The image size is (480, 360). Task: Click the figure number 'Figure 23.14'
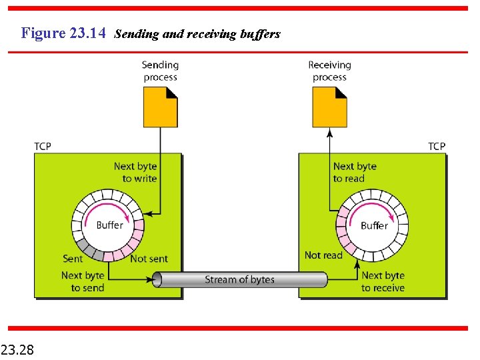point(63,33)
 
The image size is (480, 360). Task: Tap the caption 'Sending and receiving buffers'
point(197,33)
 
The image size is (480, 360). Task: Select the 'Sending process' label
point(160,71)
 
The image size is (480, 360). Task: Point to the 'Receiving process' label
point(329,71)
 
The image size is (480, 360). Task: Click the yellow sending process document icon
point(160,108)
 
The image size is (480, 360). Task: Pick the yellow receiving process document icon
point(329,108)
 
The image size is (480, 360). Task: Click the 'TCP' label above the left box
point(42,146)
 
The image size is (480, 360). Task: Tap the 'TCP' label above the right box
point(437,146)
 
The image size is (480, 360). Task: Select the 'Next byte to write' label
point(135,172)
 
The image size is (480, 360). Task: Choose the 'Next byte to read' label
point(355,172)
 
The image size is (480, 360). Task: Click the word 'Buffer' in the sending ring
point(109,225)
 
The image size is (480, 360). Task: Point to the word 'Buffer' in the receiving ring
point(374,225)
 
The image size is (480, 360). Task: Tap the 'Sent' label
point(73,259)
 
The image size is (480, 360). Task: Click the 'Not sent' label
point(149,259)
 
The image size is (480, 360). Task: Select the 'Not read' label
point(323,255)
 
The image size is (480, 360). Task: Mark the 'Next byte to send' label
point(83,281)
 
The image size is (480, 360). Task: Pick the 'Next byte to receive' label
point(383,281)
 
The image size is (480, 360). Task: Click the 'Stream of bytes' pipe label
point(239,279)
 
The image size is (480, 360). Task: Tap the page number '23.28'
point(19,349)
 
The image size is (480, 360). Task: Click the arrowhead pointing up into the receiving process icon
point(329,132)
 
